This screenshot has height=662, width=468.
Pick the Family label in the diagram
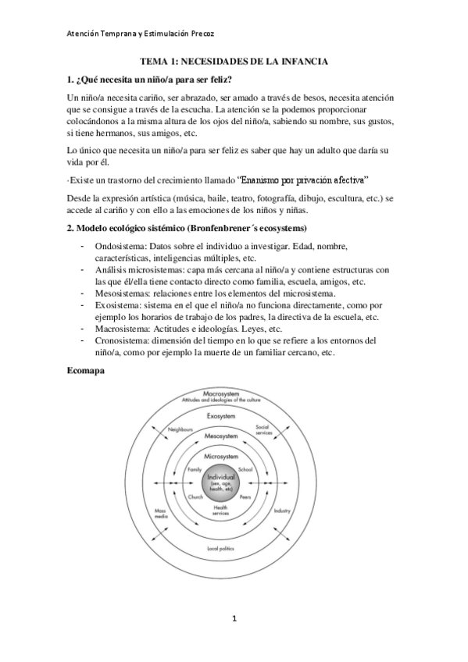(x=195, y=469)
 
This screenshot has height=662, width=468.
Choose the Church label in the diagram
(x=196, y=496)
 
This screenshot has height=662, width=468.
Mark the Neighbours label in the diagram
(x=180, y=429)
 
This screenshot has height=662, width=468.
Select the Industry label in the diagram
(x=281, y=511)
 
